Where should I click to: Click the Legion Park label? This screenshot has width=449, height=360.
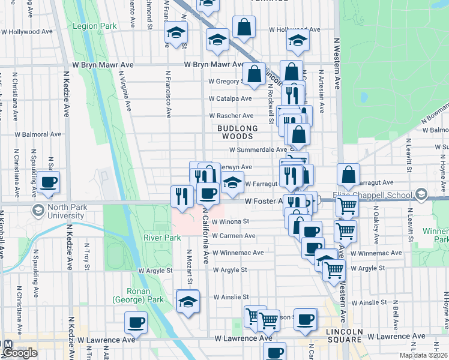click(94, 26)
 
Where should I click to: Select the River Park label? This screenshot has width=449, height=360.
click(162, 238)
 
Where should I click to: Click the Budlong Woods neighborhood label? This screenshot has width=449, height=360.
click(238, 133)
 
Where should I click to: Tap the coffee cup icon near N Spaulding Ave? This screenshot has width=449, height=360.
click(49, 182)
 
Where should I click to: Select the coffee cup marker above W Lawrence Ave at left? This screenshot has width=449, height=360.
click(136, 323)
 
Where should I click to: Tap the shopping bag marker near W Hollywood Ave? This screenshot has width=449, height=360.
click(244, 27)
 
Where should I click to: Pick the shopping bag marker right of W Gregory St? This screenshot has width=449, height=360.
click(255, 74)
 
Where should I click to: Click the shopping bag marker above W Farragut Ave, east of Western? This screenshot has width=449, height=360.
click(348, 175)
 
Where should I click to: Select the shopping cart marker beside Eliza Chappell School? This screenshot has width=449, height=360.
click(348, 206)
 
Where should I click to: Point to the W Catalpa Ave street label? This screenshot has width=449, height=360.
click(230, 98)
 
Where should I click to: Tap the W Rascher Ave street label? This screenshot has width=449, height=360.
click(231, 116)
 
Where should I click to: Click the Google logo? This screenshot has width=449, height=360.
click(20, 353)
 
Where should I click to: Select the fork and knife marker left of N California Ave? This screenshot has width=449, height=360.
click(181, 196)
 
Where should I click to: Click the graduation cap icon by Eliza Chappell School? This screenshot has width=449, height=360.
click(422, 194)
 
